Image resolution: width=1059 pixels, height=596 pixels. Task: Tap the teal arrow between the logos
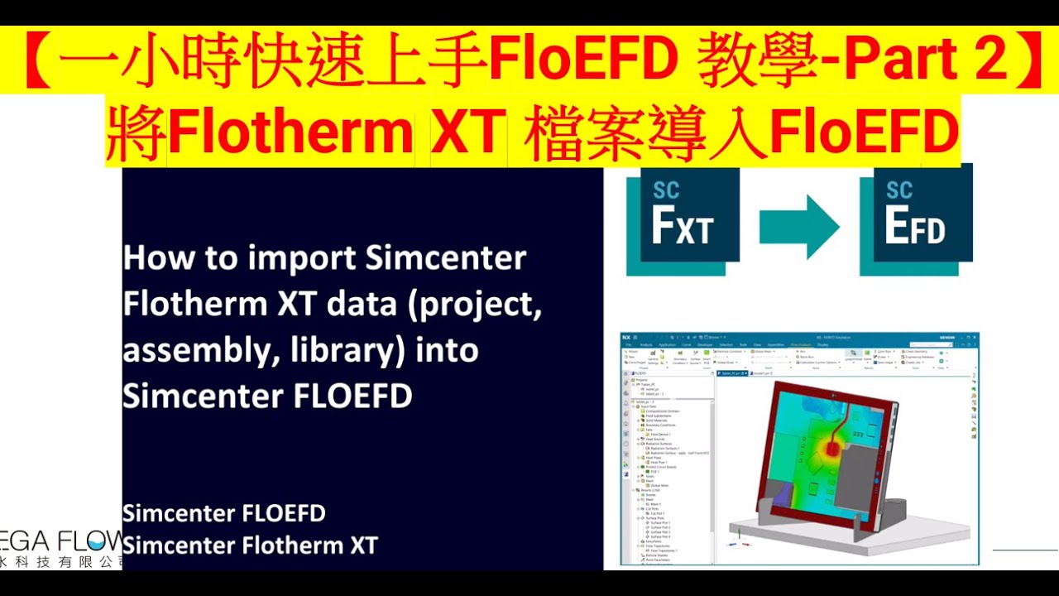(x=799, y=225)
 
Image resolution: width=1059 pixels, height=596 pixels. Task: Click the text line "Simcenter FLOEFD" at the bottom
(x=223, y=513)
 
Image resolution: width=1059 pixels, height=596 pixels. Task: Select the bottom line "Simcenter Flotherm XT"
(x=250, y=546)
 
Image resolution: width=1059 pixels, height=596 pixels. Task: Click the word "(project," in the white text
(x=480, y=305)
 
